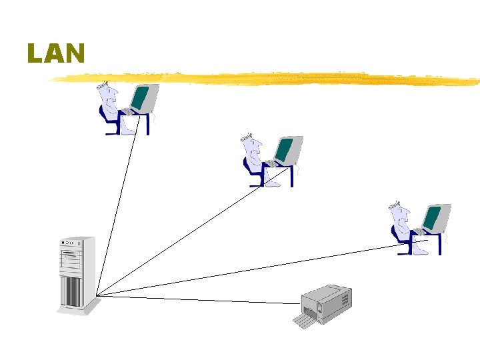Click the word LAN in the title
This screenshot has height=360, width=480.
(56, 53)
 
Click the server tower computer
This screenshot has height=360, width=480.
(77, 273)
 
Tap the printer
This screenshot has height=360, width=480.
(327, 303)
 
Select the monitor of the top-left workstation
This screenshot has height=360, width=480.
(143, 98)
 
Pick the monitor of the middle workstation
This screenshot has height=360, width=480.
(287, 149)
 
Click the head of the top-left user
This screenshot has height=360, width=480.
(107, 93)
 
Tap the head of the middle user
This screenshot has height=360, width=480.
(251, 146)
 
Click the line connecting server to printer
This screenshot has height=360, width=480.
(200, 299)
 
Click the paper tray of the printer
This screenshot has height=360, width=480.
(306, 322)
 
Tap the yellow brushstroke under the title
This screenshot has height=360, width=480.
(267, 79)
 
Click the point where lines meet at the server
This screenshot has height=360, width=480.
(97, 295)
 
